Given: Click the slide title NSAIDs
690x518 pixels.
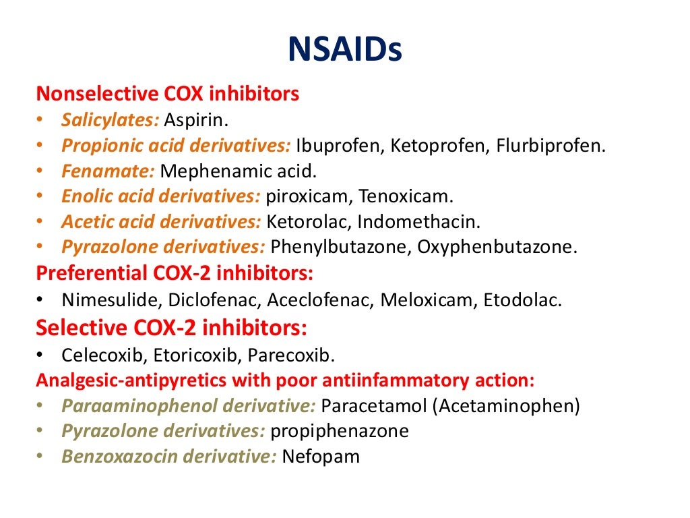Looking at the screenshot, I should tap(344, 51).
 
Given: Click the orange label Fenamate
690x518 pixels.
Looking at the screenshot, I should tap(108, 171).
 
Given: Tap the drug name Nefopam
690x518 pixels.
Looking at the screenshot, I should tap(321, 457).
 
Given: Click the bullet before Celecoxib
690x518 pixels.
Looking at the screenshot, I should tap(40, 354).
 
